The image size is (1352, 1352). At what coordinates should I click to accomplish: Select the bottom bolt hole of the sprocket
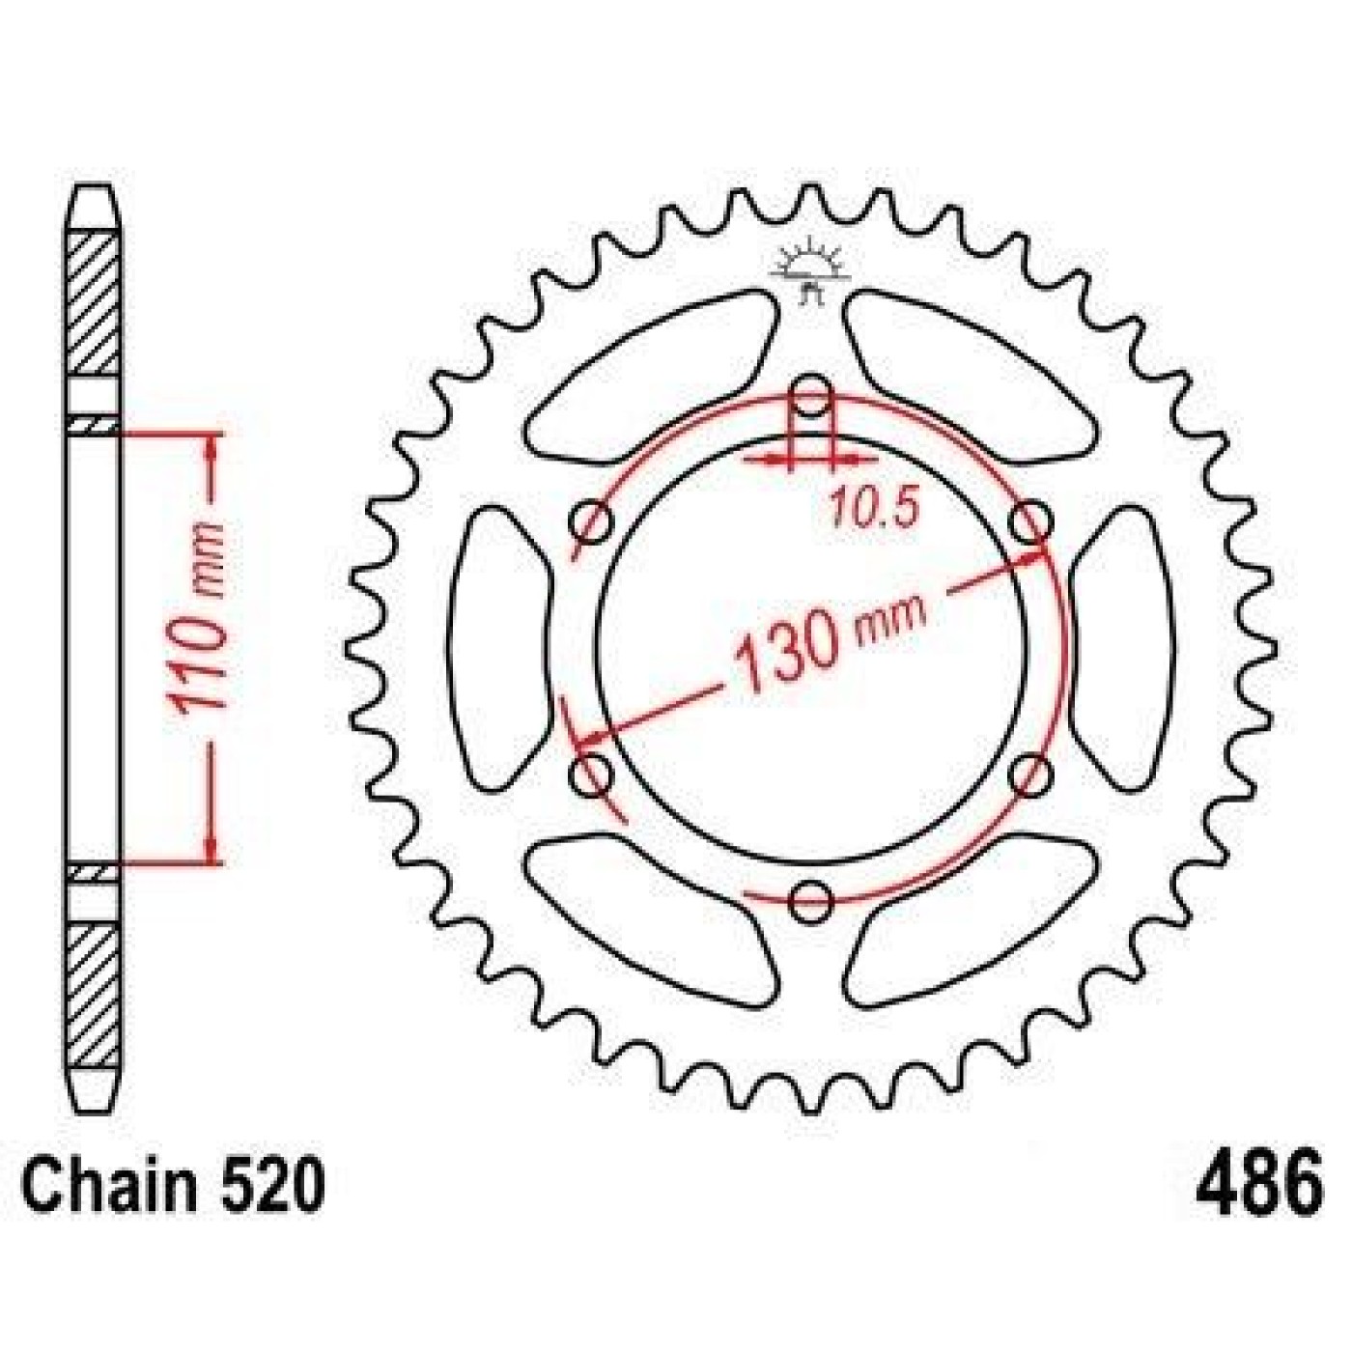tap(812, 901)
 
